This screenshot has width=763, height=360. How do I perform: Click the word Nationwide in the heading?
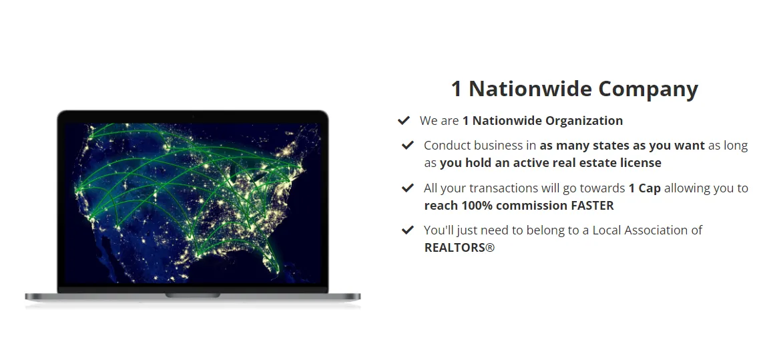[x=529, y=89]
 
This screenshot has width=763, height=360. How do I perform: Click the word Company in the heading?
[x=648, y=89]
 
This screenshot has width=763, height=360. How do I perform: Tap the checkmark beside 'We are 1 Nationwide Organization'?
[x=404, y=120]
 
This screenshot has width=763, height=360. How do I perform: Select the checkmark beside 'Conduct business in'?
[x=408, y=145]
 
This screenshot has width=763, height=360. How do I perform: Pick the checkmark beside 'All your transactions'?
[x=408, y=188]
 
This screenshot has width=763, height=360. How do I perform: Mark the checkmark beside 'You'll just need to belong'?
[x=408, y=230]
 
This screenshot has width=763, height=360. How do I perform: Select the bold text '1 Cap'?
[x=644, y=188]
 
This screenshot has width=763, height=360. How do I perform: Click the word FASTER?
[x=592, y=206]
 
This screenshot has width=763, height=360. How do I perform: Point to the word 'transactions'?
[x=504, y=188]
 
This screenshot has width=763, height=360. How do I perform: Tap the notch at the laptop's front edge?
[x=193, y=295]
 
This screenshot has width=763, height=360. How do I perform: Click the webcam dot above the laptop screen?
[x=193, y=117]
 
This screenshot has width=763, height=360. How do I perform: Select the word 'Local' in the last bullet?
[x=605, y=230]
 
